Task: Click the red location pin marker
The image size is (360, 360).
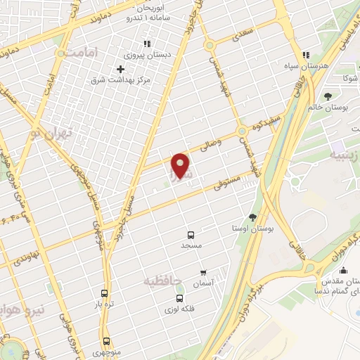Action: coord(181,167)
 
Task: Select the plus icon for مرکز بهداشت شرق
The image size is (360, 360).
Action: coord(121,69)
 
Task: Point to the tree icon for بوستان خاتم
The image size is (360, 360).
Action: coord(328,96)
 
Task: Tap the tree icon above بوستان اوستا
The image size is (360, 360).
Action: coord(253,217)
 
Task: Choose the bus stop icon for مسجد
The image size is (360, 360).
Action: coord(191,235)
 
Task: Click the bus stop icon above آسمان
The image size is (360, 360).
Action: coord(203,271)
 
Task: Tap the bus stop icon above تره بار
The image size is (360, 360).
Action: coord(105,294)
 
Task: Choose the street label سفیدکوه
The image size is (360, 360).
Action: coord(269,120)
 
